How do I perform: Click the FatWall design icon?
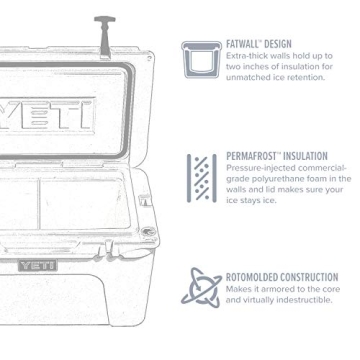click(x=202, y=60)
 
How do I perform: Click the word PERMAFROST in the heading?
click(x=253, y=157)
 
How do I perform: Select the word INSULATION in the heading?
click(x=305, y=157)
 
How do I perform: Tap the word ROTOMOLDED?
click(x=254, y=276)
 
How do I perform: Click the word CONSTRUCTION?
click(x=311, y=276)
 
